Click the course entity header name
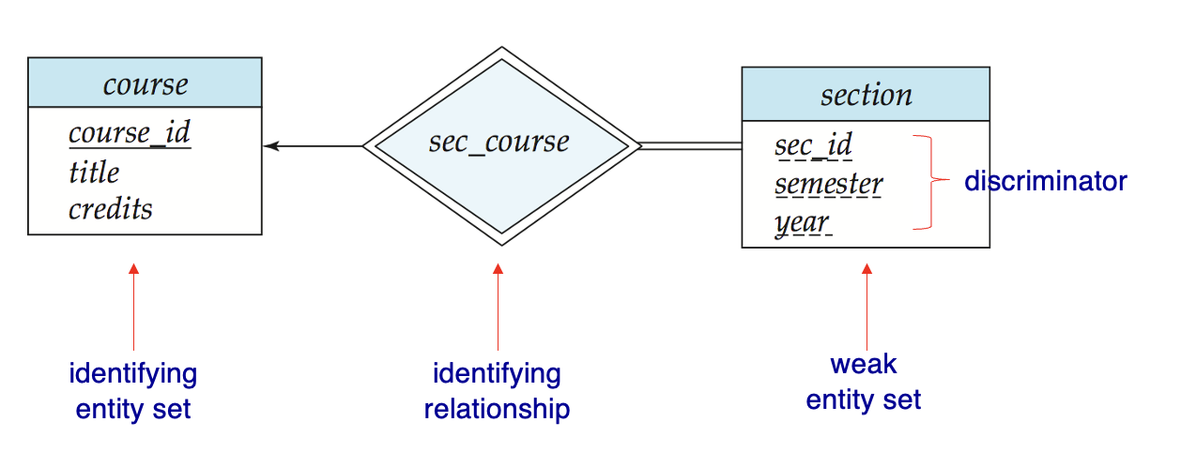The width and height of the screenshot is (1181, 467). point(145,84)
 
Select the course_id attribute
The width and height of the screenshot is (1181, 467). point(130,132)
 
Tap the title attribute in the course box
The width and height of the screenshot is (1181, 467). point(94,172)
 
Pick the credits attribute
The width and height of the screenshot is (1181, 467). point(110,209)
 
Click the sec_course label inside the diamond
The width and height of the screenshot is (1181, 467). point(498,143)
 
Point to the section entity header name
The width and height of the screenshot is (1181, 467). point(867,96)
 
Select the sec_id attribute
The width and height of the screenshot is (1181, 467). point(814,145)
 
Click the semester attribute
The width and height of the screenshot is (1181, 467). point(829,185)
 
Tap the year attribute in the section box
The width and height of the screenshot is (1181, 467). point(803,223)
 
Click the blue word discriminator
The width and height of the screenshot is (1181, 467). point(1046,181)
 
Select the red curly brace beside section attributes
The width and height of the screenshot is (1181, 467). point(931,182)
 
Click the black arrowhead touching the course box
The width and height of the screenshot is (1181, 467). point(271,146)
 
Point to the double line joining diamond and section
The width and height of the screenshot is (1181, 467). point(691,146)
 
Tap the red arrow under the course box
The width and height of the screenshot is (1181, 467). point(134,307)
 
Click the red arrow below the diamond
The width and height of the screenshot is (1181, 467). point(498,307)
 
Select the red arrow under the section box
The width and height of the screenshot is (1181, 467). point(867,307)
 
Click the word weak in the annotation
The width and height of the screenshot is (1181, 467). point(863,365)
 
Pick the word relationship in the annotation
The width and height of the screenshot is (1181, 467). point(498,409)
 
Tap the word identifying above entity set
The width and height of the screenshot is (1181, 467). point(133,375)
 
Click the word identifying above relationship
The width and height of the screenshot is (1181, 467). point(497,375)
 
